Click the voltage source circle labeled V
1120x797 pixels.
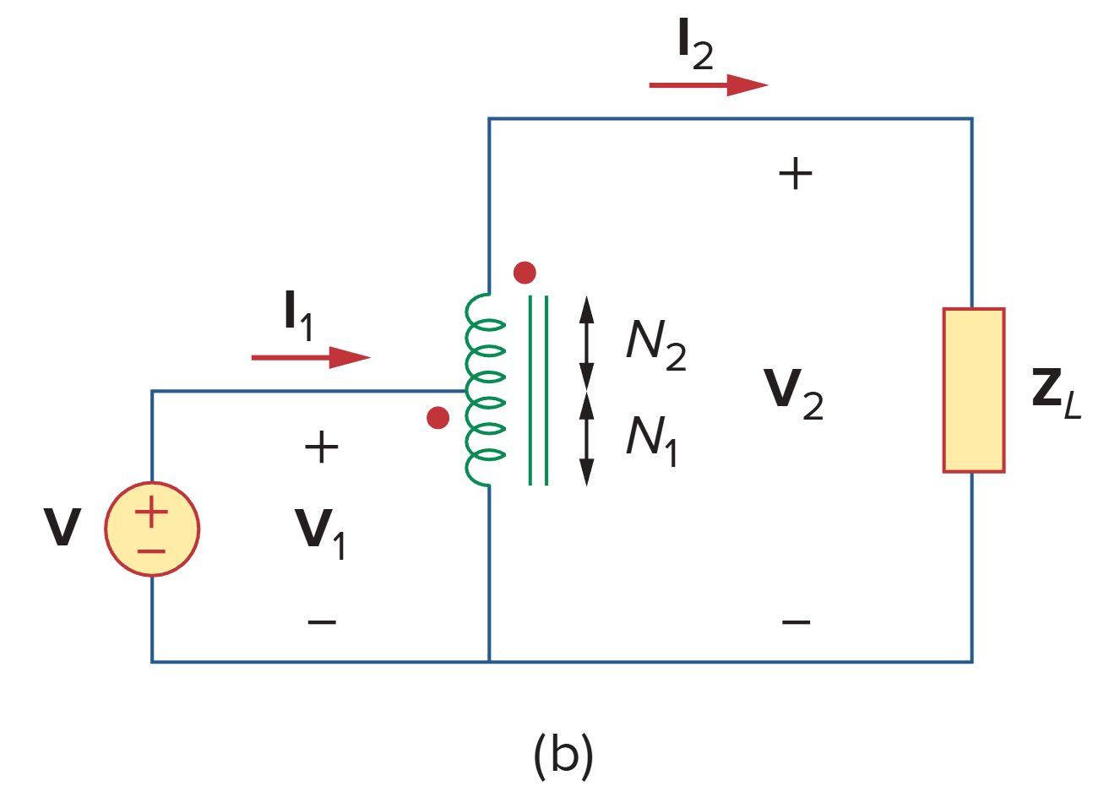click(x=152, y=529)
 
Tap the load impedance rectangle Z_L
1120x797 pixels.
click(x=973, y=390)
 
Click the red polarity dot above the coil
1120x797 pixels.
click(x=525, y=273)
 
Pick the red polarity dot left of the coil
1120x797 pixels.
click(x=438, y=418)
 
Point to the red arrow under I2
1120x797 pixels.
click(x=708, y=84)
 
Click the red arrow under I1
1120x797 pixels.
click(x=310, y=357)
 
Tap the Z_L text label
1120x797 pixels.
click(x=1056, y=393)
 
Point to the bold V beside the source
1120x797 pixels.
click(x=63, y=528)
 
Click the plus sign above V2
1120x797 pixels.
click(x=795, y=175)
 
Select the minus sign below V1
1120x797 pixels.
click(x=322, y=623)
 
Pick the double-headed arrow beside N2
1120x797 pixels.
click(x=586, y=342)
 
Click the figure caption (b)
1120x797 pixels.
click(x=563, y=754)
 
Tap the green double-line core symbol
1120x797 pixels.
click(x=538, y=390)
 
